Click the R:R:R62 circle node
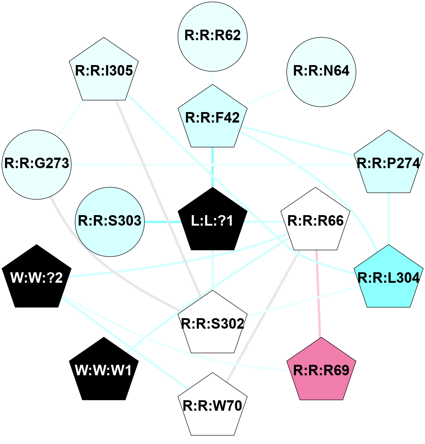tap(212, 36)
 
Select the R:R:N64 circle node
tap(321, 72)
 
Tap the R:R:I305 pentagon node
tap(104, 71)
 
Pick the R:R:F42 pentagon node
tap(212, 118)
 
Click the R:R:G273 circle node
tap(36, 164)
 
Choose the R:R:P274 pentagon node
tap(388, 163)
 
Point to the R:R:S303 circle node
tap(110, 221)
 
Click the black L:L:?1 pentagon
tap(212, 221)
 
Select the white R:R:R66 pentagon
tap(315, 221)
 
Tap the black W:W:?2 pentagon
tap(36, 278)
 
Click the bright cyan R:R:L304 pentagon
tap(388, 278)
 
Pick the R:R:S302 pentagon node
tap(212, 324)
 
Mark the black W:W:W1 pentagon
tap(104, 371)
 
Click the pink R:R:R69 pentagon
tap(321, 371)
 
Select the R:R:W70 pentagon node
tap(212, 406)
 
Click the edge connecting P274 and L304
tap(388, 219)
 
